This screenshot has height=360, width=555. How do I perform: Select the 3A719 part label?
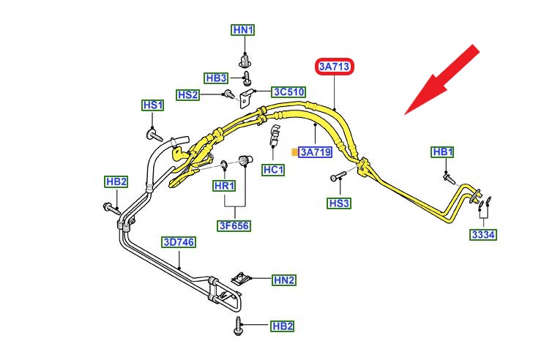pos(316,152)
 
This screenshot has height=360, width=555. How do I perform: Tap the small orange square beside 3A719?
pos(294,152)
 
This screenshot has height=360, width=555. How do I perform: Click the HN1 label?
pos(242,30)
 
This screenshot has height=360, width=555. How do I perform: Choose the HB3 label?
pos(216,78)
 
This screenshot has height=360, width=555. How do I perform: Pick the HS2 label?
pos(188,94)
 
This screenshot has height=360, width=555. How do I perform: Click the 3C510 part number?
pos(288,92)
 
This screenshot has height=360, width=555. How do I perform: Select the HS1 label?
pos(152,105)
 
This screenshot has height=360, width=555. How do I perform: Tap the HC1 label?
pos(273,169)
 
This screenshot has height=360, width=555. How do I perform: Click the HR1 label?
pos(224,186)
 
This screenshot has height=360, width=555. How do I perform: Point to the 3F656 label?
pos(234,226)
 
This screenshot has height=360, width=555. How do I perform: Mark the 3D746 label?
pos(179,242)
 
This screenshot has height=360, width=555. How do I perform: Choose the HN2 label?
pos(284,280)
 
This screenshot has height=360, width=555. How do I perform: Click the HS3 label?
pos(340,203)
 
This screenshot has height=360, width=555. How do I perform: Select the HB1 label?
pos(442,151)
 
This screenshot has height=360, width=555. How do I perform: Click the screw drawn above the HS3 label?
pos(338,176)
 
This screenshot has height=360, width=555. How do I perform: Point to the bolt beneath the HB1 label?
pos(447,176)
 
